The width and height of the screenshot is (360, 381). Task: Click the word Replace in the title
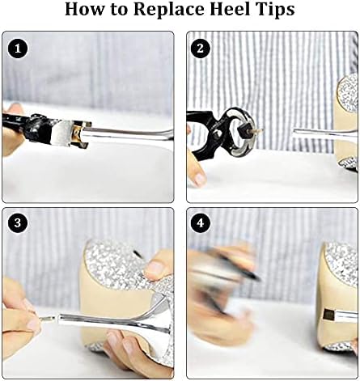(x=169, y=10)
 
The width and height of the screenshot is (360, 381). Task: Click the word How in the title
(x=84, y=9)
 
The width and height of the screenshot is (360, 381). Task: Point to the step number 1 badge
(x=18, y=49)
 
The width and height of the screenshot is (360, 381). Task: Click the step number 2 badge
(x=201, y=49)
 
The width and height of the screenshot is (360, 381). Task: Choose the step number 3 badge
(x=18, y=223)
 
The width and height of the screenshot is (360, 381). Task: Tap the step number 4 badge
(x=201, y=223)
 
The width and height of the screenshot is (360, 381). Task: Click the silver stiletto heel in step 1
(x=127, y=134)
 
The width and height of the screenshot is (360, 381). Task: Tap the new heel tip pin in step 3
(x=48, y=319)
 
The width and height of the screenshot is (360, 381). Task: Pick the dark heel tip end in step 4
(x=328, y=314)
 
